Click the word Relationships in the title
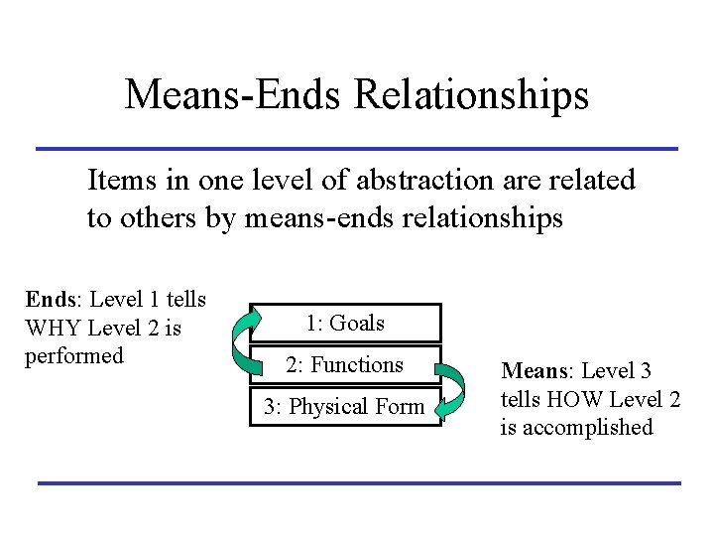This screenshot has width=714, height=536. click(471, 96)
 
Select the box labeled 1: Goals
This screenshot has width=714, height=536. click(344, 324)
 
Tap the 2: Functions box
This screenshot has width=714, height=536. click(344, 365)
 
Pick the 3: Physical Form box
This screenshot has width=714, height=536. click(344, 406)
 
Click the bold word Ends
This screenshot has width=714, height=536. click(49, 299)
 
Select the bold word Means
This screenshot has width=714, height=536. click(533, 371)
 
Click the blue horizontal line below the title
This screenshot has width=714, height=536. click(357, 149)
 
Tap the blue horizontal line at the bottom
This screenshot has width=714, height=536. click(357, 483)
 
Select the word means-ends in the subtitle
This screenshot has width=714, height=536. click(318, 217)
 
